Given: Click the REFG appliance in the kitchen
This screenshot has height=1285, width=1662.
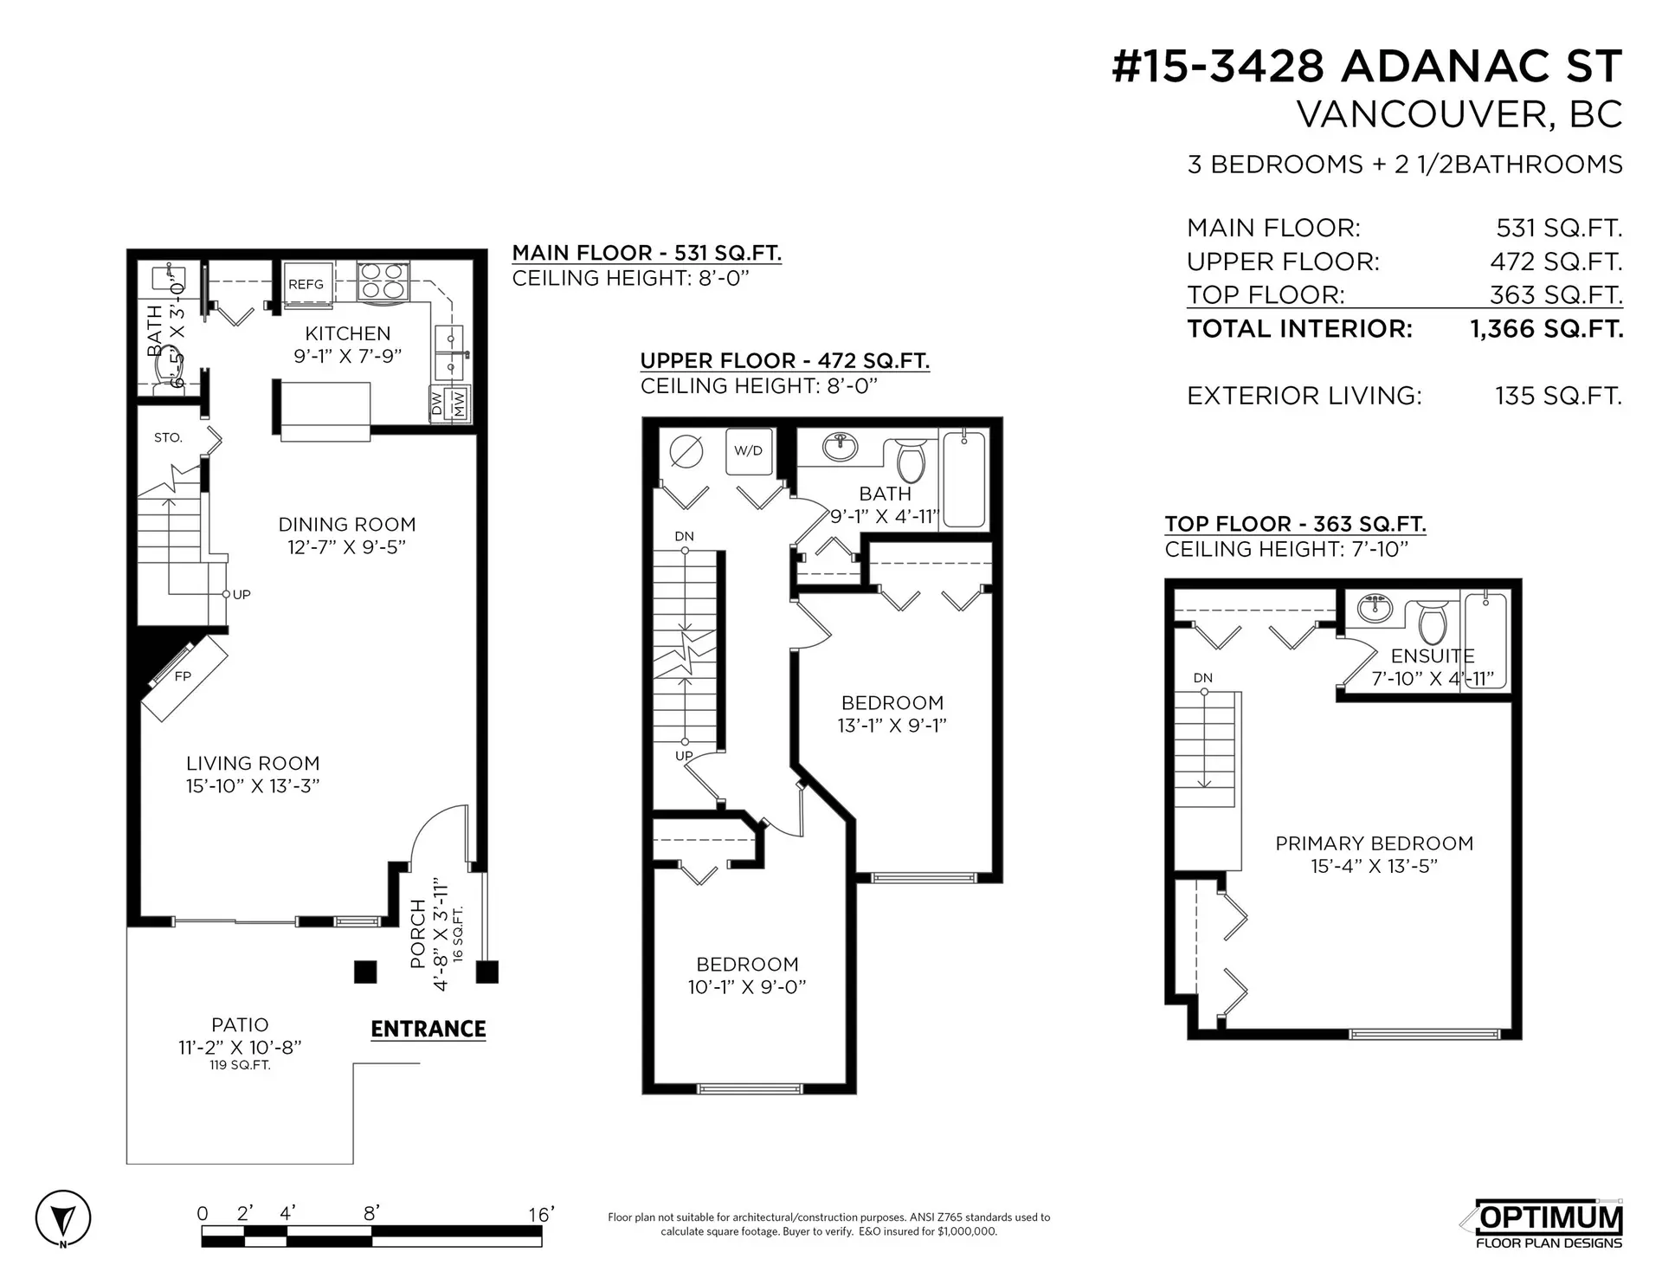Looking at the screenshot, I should click(306, 284).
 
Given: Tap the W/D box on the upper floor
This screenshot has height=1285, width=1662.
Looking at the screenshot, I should click(748, 451).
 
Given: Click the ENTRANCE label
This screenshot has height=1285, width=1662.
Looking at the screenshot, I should click(428, 1029).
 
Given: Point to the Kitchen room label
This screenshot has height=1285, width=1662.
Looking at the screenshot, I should click(347, 333).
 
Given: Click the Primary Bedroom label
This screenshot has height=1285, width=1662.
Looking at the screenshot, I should click(1374, 843).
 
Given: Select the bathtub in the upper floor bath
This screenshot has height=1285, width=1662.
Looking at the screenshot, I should click(964, 479).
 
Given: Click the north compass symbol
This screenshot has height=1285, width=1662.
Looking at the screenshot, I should click(62, 1220).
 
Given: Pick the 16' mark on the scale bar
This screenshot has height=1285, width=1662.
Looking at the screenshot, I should click(540, 1215).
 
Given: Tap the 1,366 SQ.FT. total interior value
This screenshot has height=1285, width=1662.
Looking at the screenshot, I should click(1546, 329).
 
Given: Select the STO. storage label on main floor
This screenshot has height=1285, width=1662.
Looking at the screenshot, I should click(168, 438).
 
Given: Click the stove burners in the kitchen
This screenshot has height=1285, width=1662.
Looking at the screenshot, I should click(383, 281).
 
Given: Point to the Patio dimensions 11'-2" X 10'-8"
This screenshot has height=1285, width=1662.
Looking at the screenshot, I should click(240, 1047).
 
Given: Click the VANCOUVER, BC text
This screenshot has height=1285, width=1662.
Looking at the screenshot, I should click(1459, 115).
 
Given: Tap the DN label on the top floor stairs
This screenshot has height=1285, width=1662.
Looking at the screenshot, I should click(1202, 678).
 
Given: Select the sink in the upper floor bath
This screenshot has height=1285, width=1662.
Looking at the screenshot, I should click(840, 448).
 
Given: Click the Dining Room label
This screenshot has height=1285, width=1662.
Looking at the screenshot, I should click(346, 525).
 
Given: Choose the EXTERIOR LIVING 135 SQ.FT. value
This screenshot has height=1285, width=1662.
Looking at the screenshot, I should click(1557, 397).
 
